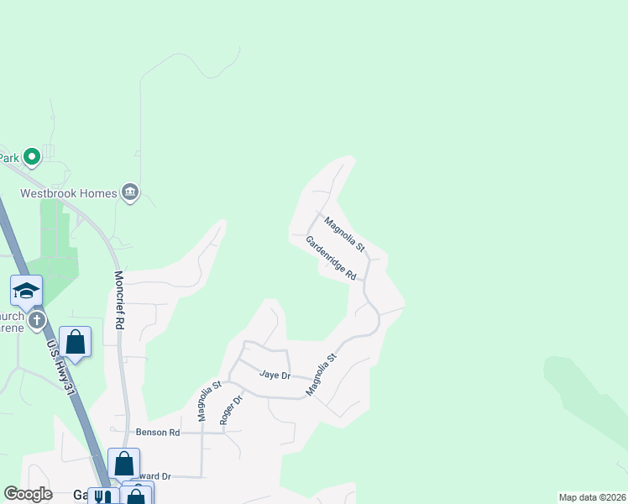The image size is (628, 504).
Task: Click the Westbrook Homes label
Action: click(x=68, y=193)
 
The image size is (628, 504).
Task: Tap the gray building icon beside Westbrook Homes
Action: click(x=130, y=193)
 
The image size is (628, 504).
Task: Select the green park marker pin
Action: click(x=32, y=156)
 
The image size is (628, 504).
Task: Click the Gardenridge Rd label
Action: click(x=331, y=258)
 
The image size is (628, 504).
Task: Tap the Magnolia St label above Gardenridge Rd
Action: click(x=345, y=234)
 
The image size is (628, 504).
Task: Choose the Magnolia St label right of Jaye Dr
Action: click(x=321, y=375)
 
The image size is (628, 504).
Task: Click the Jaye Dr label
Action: click(x=275, y=375)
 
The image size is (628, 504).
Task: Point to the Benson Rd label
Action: click(x=158, y=433)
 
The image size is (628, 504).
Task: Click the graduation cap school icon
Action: click(x=27, y=291)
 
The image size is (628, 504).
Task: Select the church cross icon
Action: click(x=36, y=320)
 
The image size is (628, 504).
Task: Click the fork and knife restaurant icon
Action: click(x=103, y=497)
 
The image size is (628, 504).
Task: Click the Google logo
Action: click(x=29, y=494)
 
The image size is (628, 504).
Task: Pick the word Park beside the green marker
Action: click(x=8, y=157)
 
